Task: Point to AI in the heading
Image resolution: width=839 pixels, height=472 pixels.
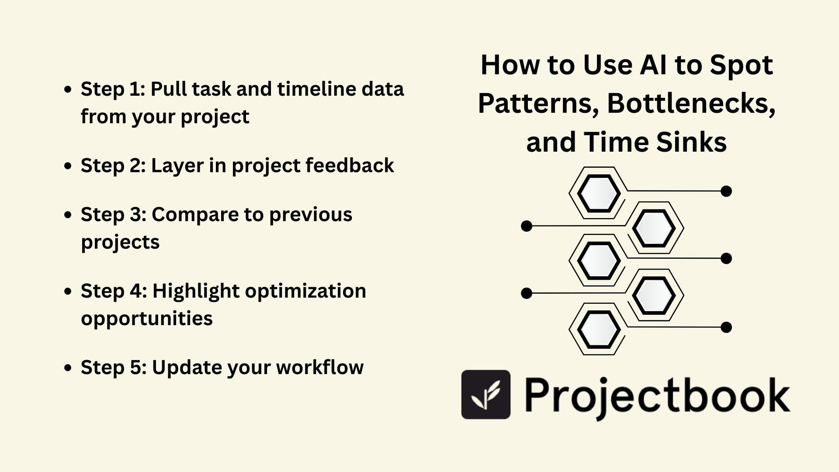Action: pos(654,65)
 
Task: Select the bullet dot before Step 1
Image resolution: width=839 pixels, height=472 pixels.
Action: pos(68,90)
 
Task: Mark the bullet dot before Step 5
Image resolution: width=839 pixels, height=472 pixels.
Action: pos(68,368)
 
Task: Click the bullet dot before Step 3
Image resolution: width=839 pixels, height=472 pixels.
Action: pos(68,215)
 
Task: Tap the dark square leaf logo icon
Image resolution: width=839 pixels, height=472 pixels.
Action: pos(486,395)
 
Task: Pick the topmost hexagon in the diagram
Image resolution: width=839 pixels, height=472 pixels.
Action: pos(599,193)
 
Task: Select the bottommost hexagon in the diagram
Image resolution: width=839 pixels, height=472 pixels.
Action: pos(599,329)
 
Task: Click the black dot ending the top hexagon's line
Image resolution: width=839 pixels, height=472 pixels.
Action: pos(726,191)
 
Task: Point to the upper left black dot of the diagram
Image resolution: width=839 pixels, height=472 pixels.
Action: pos(527,226)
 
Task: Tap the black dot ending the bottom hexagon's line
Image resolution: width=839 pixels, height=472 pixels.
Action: pos(726,327)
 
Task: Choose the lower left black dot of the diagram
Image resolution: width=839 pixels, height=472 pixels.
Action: pos(527,293)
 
